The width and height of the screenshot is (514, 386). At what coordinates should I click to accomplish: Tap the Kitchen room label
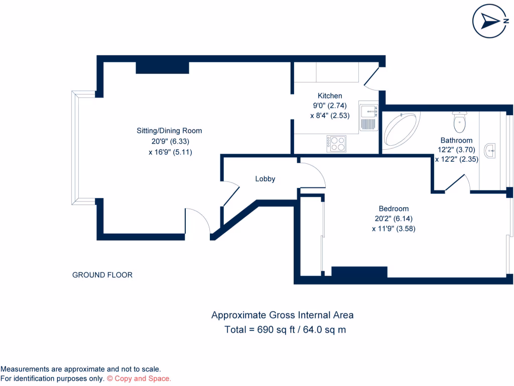[x=330, y=96]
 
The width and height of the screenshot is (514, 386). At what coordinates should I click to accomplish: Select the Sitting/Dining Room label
[x=169, y=131]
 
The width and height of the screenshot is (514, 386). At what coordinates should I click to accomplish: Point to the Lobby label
[x=265, y=178]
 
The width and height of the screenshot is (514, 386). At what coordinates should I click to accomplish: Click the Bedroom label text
[x=394, y=209]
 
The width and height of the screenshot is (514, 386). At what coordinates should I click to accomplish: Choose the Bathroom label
[x=456, y=140]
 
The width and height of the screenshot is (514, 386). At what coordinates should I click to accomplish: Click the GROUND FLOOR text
[x=102, y=275]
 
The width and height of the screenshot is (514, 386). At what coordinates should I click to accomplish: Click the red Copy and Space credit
[x=139, y=378]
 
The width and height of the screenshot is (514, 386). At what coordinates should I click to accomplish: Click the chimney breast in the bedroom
[x=359, y=272]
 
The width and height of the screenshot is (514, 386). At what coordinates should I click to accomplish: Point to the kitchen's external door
[x=371, y=78]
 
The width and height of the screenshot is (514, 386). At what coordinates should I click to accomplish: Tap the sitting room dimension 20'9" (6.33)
[x=170, y=142]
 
